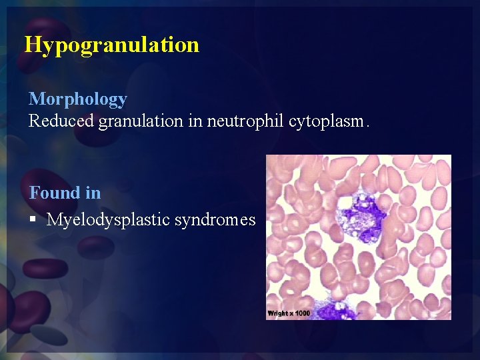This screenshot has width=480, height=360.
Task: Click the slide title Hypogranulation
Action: [111, 45]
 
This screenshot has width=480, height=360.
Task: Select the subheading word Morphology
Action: [77, 99]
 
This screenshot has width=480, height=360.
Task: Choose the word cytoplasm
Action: [325, 121]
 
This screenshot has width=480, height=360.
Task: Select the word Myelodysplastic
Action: [108, 220]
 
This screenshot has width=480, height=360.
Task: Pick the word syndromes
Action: [215, 220]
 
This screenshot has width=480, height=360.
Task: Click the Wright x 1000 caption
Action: [289, 313]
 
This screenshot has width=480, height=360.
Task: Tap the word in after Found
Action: [93, 193]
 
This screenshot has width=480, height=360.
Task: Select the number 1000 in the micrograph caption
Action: [303, 313]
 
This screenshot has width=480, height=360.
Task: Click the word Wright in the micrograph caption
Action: [278, 313]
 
